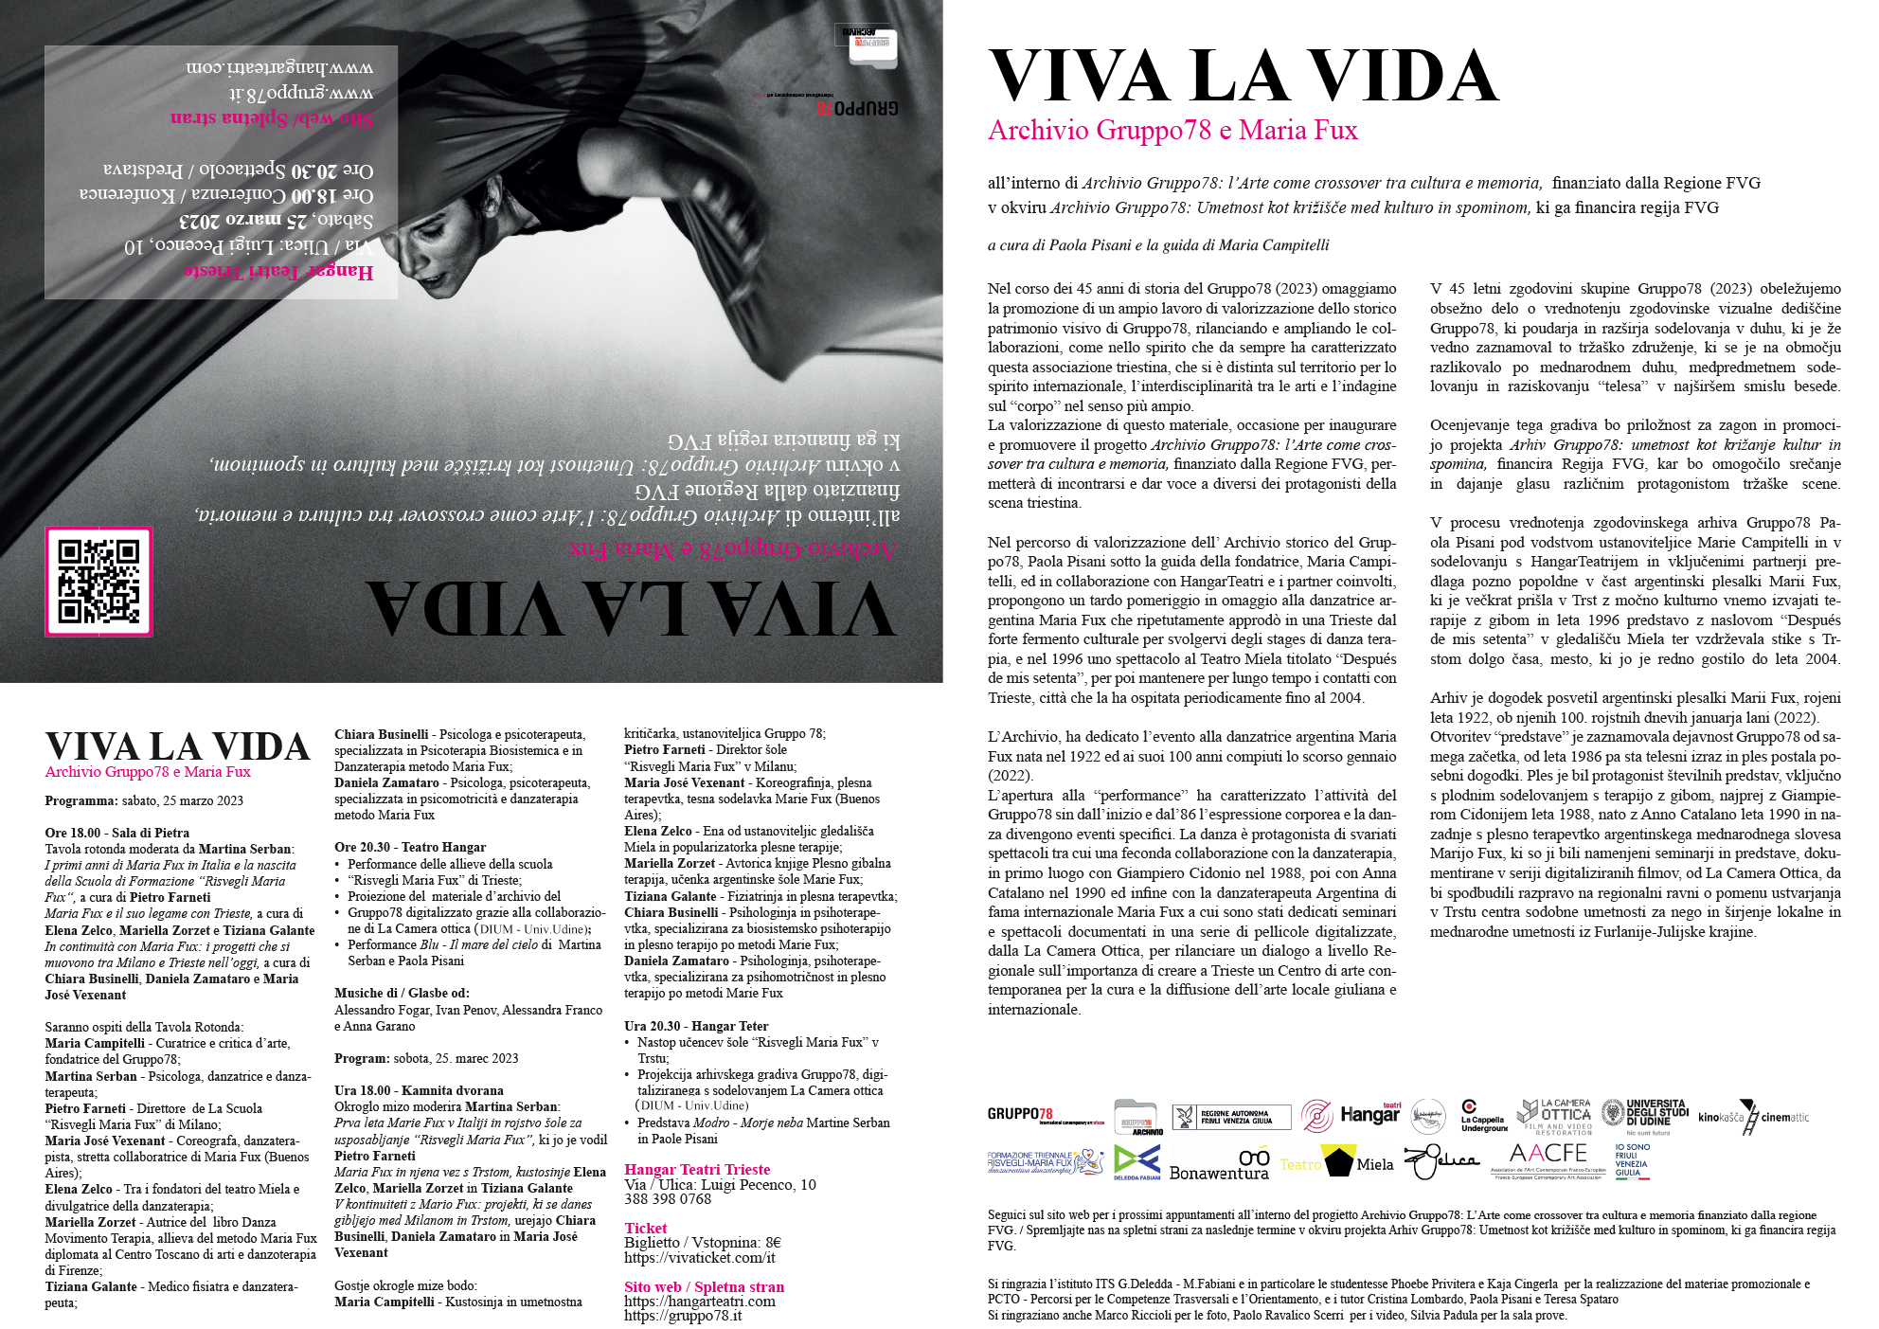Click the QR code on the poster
(98, 581)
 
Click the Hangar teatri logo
(1351, 1115)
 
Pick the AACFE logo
(1547, 1158)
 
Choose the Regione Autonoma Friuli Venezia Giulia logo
(1231, 1117)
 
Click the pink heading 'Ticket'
(646, 1228)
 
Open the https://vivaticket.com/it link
(699, 1258)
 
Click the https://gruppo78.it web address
(683, 1316)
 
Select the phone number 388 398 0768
(668, 1199)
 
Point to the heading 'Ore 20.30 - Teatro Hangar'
(410, 847)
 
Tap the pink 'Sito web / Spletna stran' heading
(704, 1286)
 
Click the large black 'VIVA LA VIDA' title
(1243, 76)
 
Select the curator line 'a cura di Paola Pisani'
(1157, 245)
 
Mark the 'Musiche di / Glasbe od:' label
(402, 993)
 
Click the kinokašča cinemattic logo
(1753, 1118)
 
